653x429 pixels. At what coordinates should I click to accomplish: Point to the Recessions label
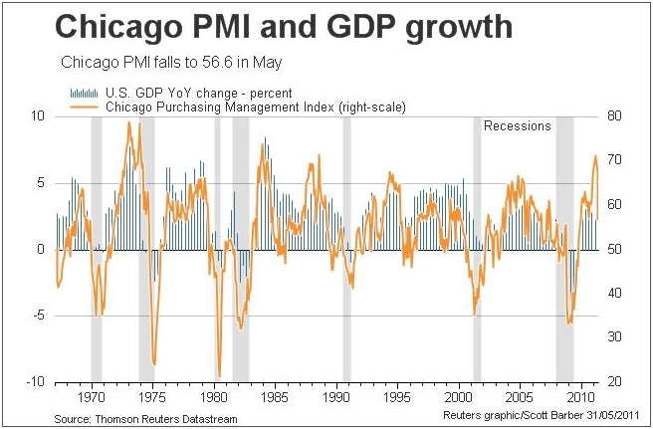click(517, 126)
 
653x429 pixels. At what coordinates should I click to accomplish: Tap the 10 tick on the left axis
click(39, 115)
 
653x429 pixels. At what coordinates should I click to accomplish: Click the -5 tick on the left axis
click(39, 316)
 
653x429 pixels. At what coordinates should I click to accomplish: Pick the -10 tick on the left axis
click(36, 382)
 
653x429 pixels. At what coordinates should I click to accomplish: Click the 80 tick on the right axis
click(617, 115)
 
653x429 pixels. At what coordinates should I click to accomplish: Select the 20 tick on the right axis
click(617, 382)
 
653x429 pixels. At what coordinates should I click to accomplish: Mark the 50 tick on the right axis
click(617, 249)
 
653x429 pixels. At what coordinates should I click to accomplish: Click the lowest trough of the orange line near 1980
click(219, 377)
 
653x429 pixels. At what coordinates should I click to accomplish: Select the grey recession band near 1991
click(347, 249)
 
